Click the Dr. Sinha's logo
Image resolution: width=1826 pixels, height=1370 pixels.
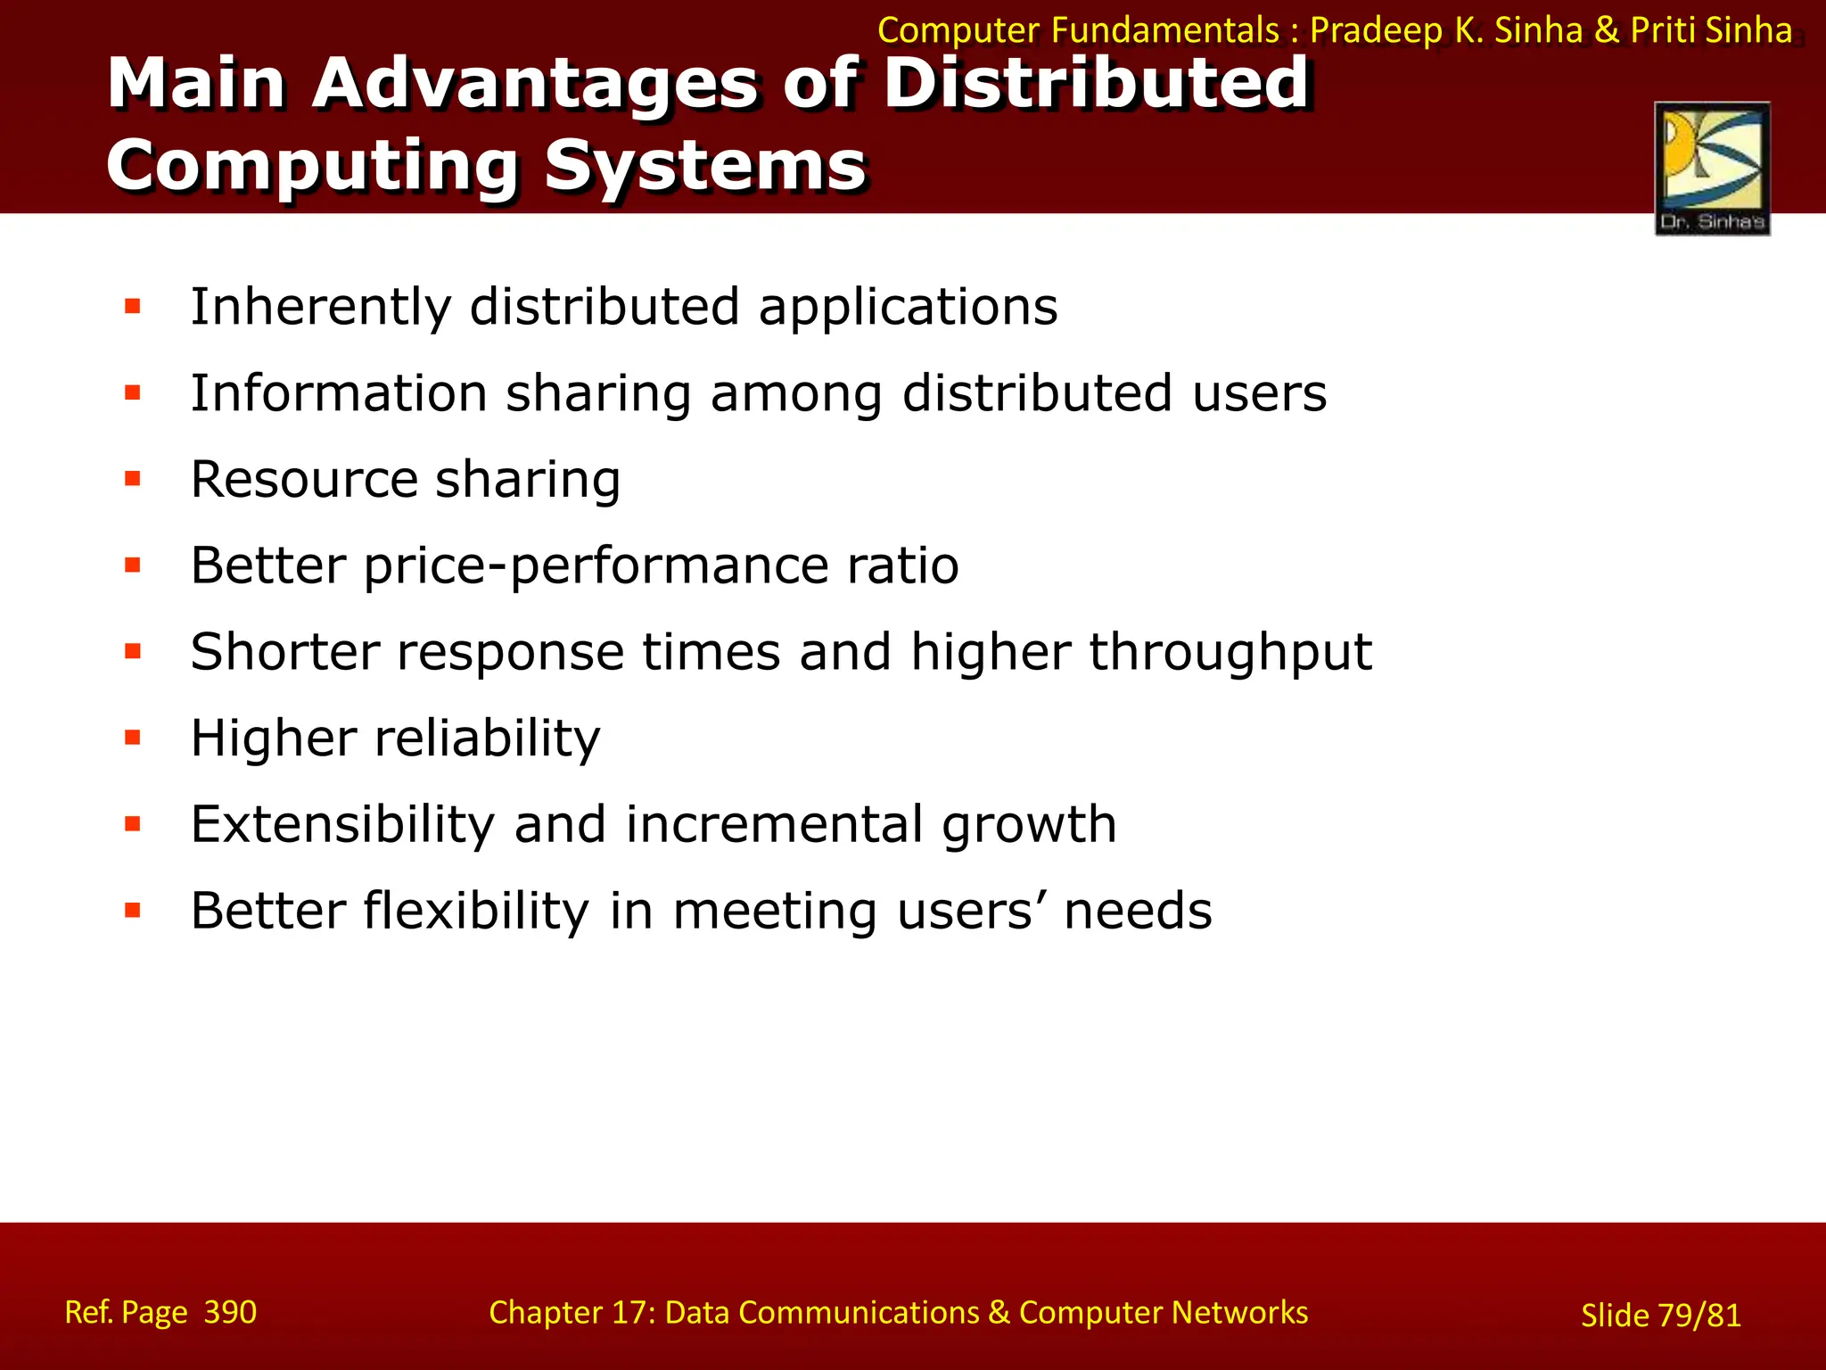coord(1712,168)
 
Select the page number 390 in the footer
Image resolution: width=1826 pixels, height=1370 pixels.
coord(230,1312)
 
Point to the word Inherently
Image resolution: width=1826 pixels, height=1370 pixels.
coord(321,308)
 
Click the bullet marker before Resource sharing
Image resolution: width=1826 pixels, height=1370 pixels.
coord(133,480)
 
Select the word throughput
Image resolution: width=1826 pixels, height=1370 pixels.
coord(1230,653)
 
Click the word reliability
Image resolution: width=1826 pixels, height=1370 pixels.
coord(487,739)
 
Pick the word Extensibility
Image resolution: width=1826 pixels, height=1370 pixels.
coord(342,824)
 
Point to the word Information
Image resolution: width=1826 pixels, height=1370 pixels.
coord(339,393)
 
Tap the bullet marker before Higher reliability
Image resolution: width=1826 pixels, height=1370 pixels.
coord(133,738)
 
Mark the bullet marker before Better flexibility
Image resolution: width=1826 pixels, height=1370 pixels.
coord(133,911)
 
